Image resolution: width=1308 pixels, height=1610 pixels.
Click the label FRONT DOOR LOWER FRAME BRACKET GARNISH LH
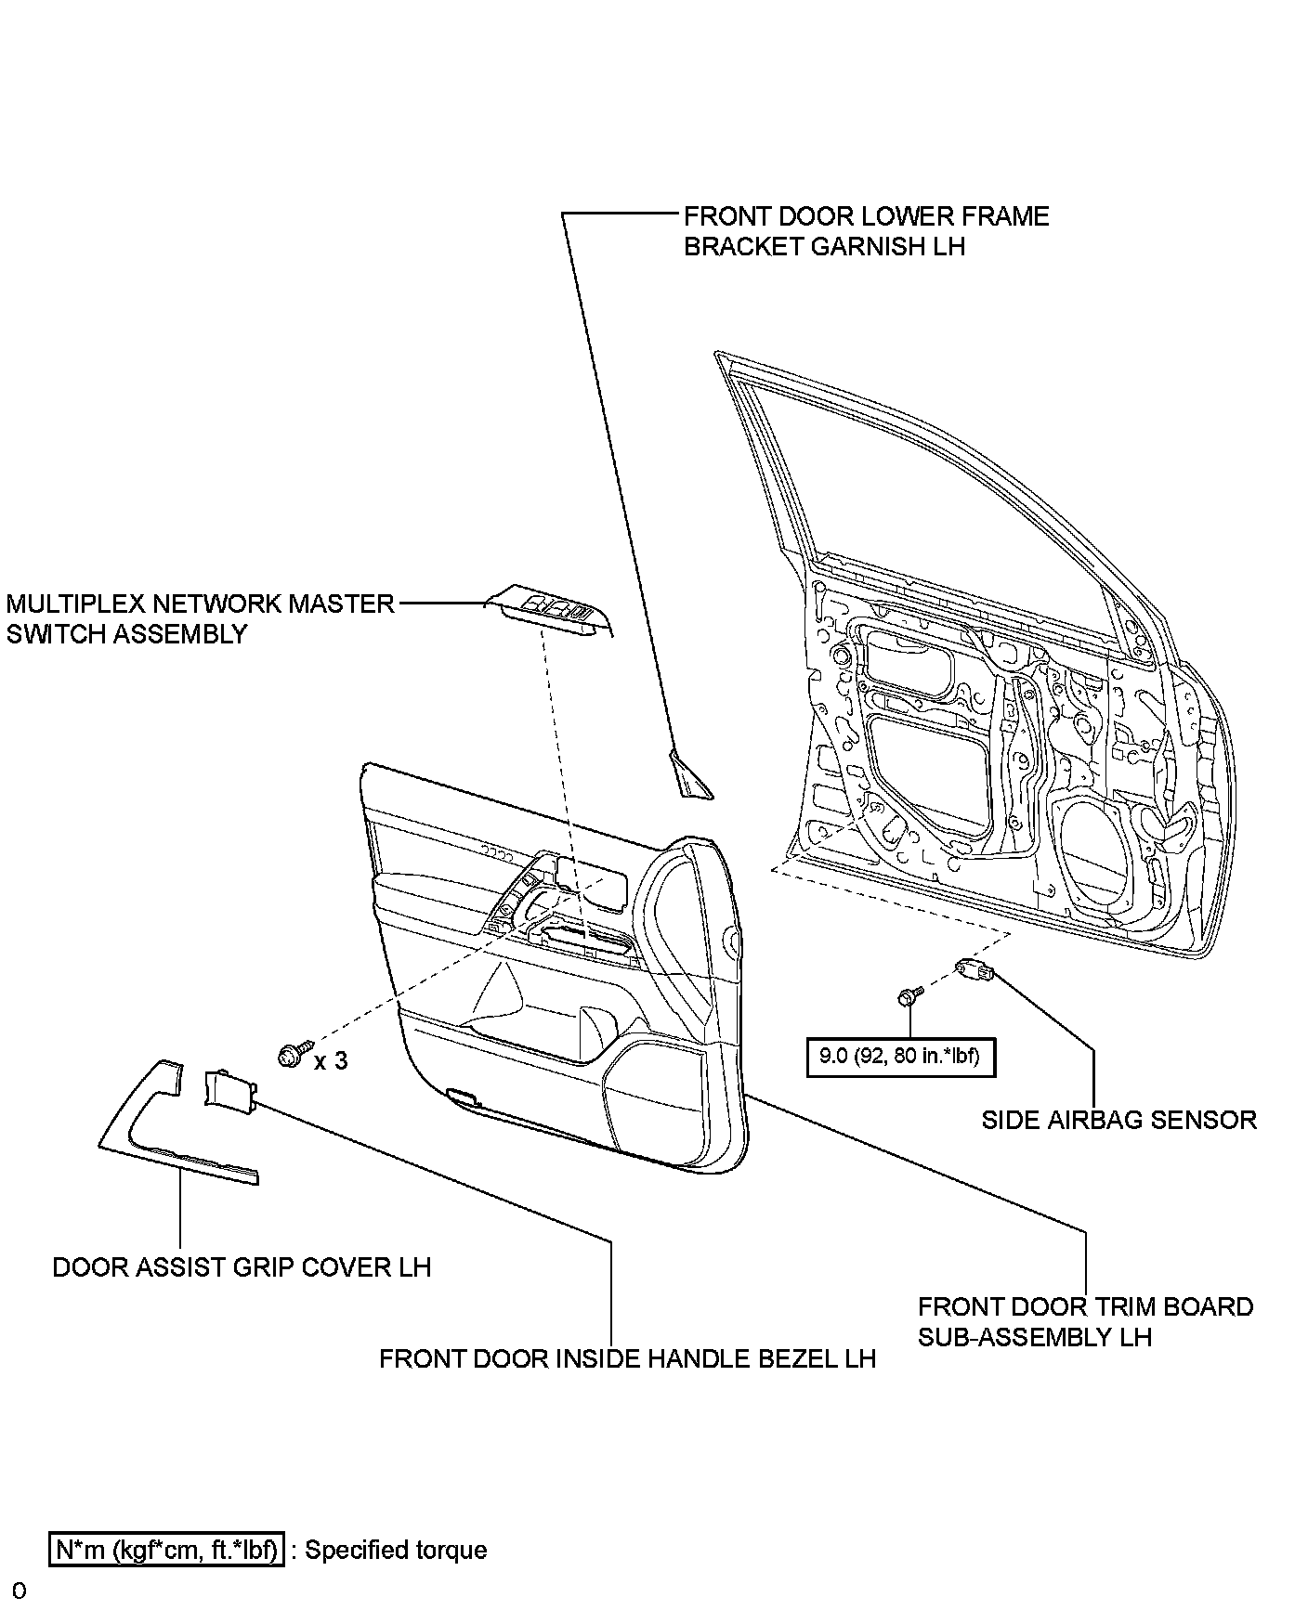(x=866, y=231)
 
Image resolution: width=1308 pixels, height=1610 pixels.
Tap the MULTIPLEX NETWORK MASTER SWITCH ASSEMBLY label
(x=201, y=618)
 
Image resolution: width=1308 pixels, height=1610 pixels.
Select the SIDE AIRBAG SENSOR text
(x=1118, y=1120)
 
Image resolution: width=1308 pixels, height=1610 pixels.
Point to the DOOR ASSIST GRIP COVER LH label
(x=242, y=1267)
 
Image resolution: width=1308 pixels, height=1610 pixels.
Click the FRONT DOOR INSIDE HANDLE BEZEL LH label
(x=627, y=1359)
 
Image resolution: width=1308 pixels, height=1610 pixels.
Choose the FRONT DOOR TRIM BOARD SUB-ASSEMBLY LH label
(x=1085, y=1321)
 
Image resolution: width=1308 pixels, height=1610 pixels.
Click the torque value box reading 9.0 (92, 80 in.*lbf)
(x=900, y=1057)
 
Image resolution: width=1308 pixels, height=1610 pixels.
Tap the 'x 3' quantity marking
(x=331, y=1060)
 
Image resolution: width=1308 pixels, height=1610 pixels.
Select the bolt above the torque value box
(x=908, y=998)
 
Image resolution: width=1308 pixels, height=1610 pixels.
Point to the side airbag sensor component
(x=975, y=972)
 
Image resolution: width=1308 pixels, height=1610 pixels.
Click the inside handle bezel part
(x=229, y=1088)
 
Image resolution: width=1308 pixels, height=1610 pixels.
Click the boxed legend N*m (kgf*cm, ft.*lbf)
(x=167, y=1551)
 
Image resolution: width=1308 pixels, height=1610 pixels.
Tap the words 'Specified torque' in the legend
(x=396, y=1551)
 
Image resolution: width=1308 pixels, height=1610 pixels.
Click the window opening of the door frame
(x=929, y=492)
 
